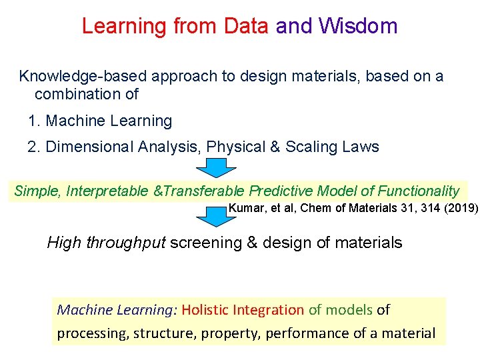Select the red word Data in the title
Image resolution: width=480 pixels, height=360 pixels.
point(246,26)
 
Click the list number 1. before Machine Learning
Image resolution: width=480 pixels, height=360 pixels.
point(35,121)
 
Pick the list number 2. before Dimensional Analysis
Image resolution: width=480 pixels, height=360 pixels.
point(35,147)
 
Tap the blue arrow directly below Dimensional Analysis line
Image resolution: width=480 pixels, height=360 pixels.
point(215,168)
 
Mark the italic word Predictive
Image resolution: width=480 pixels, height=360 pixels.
point(282,191)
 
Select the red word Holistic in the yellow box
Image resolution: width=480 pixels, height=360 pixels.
point(205,310)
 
